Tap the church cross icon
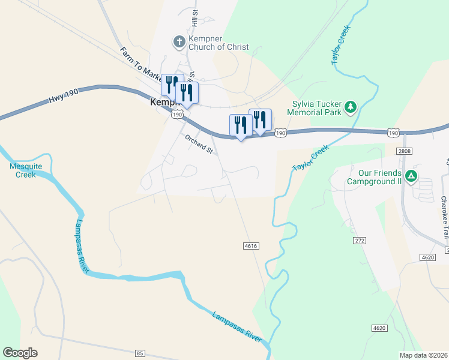click(x=178, y=42)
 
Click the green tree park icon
click(x=351, y=107)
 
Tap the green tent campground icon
click(x=411, y=176)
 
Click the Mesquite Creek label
click(x=23, y=170)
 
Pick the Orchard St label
click(x=199, y=144)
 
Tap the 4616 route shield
click(x=251, y=245)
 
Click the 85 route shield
click(x=140, y=353)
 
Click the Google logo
click(x=20, y=353)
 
